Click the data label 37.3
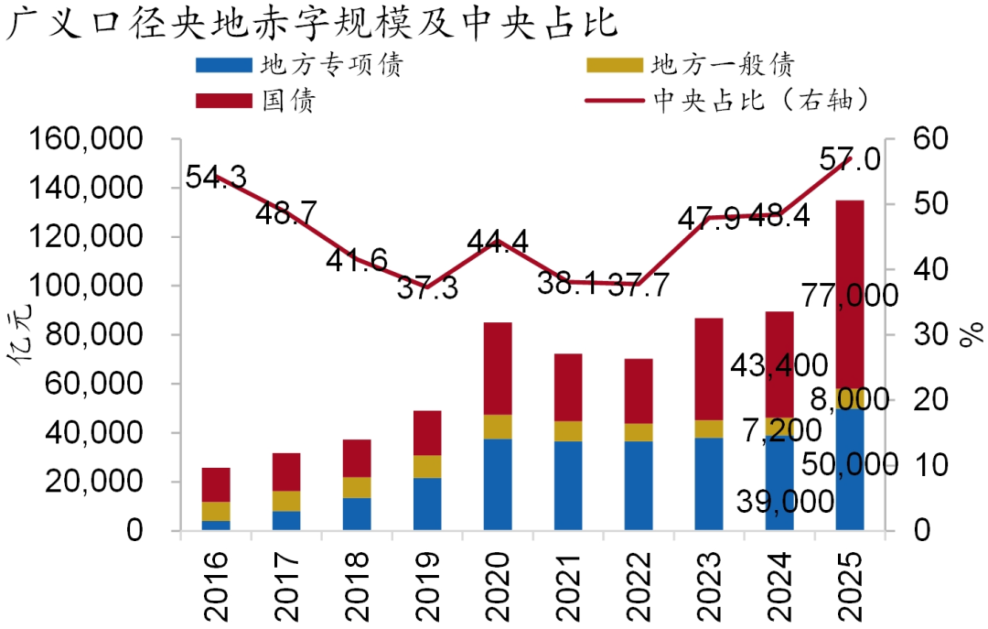(428, 290)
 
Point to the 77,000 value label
(848, 296)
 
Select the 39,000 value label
(784, 501)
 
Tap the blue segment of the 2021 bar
(568, 485)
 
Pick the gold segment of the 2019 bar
(427, 466)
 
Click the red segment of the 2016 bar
(216, 484)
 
